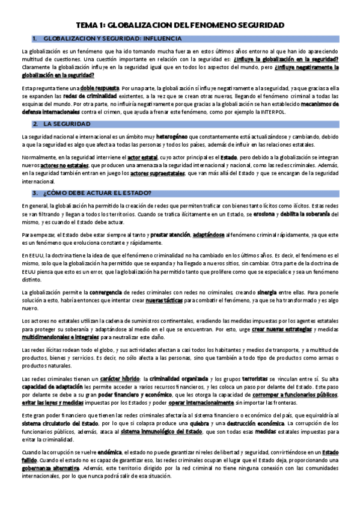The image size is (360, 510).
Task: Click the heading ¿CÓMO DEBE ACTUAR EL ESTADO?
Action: click(97, 192)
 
